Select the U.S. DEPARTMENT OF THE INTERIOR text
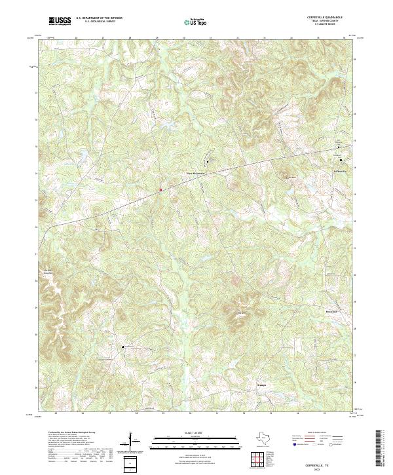tap(99, 18)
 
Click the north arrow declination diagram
tap(133, 440)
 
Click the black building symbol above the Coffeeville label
tap(340, 160)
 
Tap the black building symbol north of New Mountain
tap(209, 161)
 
